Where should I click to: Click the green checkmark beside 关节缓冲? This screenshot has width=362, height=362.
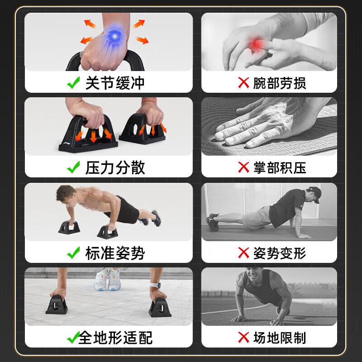click(x=73, y=83)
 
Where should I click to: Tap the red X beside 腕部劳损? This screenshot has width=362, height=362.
click(x=244, y=83)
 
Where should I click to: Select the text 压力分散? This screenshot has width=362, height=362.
click(x=115, y=167)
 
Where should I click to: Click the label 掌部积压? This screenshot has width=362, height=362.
click(x=279, y=167)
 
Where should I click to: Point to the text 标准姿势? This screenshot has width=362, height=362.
click(x=115, y=253)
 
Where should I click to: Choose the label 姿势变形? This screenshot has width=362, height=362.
click(x=279, y=253)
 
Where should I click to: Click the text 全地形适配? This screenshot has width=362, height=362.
click(x=115, y=338)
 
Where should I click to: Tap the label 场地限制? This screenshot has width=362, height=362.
click(x=279, y=338)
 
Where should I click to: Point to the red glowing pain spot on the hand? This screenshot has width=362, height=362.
click(x=259, y=44)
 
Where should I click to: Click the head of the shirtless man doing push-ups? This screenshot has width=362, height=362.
click(x=66, y=194)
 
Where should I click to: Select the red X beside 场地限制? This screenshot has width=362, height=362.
click(x=244, y=338)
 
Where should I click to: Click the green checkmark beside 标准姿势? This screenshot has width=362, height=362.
click(x=73, y=253)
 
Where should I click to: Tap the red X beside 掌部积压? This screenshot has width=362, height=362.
click(x=244, y=167)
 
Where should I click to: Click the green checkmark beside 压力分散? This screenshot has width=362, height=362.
click(x=73, y=167)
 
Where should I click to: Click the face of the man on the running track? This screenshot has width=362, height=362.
click(x=252, y=276)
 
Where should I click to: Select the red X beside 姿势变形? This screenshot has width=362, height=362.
click(x=244, y=253)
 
